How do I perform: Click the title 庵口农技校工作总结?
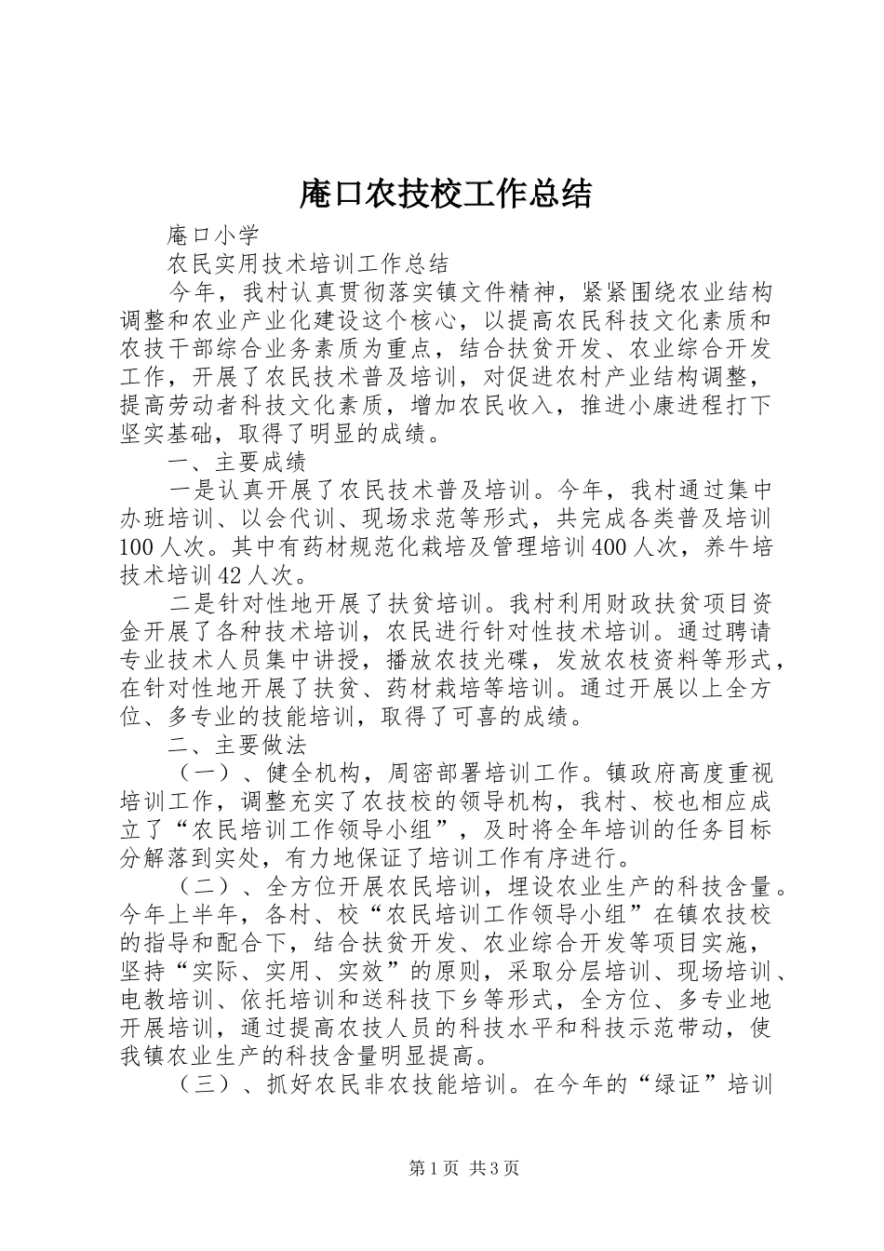[445, 194]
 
